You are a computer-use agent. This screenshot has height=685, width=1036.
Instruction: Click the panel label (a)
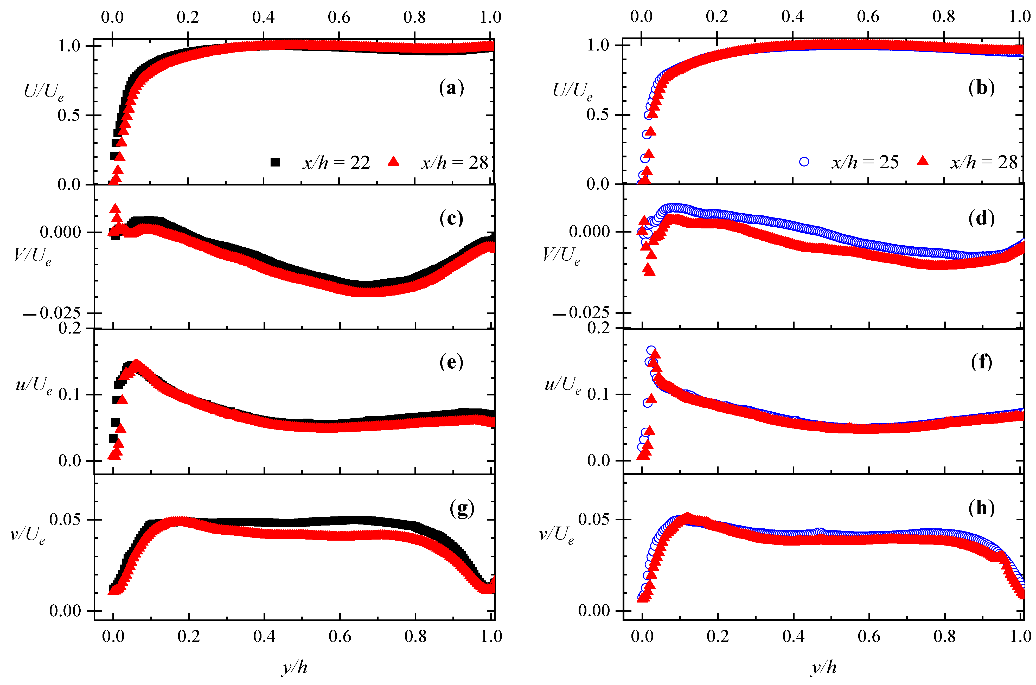click(x=451, y=88)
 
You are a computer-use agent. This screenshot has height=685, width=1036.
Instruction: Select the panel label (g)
click(x=462, y=508)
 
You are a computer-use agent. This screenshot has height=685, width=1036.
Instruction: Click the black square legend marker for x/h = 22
click(x=275, y=162)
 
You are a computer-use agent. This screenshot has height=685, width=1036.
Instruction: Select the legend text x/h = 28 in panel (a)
click(x=454, y=163)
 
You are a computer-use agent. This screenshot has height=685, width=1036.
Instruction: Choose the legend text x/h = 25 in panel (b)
click(x=865, y=163)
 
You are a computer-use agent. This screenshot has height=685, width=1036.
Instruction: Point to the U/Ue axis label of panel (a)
click(x=44, y=92)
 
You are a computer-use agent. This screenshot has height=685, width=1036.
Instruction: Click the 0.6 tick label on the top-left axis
click(x=339, y=17)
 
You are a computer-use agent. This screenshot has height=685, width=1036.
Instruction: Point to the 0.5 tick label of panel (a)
click(x=69, y=115)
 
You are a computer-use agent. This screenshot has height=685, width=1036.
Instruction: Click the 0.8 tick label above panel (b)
click(x=943, y=17)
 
